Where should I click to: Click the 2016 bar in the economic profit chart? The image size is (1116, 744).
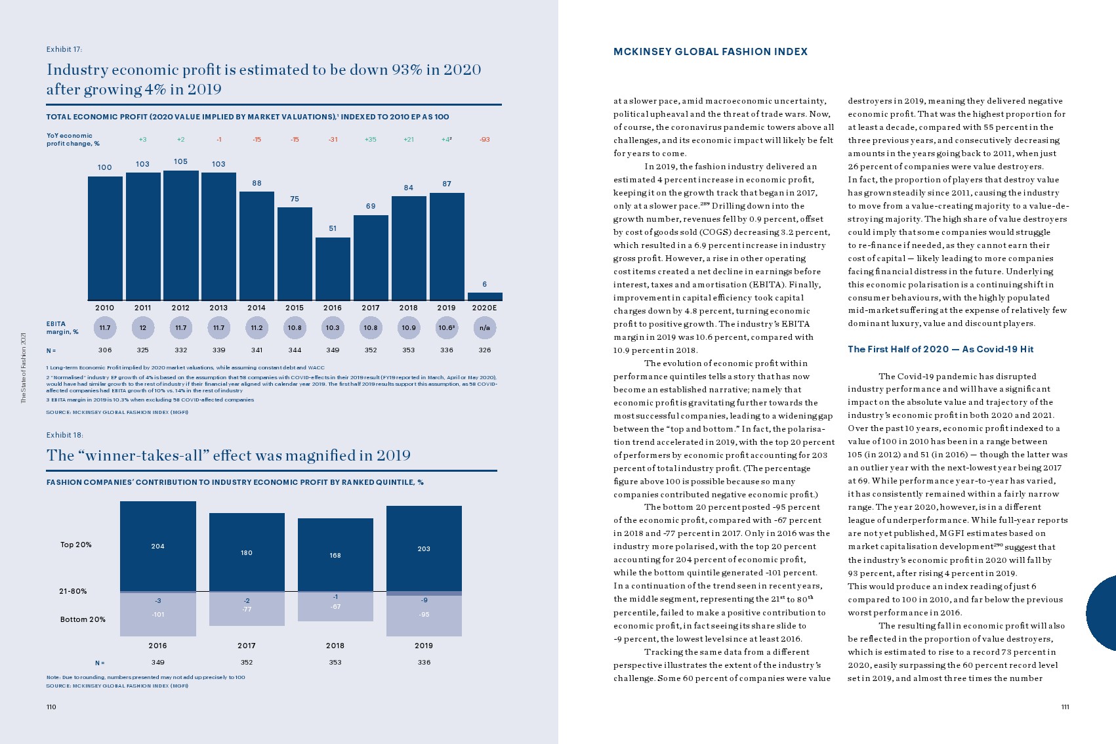[333, 268]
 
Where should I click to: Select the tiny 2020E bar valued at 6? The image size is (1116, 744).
[485, 297]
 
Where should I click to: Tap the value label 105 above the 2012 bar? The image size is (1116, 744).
[180, 161]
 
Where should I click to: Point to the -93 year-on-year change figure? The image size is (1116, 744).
[485, 140]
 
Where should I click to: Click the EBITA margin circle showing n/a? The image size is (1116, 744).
[485, 327]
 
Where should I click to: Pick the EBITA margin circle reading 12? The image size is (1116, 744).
[142, 327]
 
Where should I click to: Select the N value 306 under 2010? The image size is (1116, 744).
[105, 350]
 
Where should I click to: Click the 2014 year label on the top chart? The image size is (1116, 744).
[257, 308]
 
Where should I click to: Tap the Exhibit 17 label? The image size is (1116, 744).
[64, 49]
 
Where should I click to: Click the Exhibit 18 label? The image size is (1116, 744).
[64, 435]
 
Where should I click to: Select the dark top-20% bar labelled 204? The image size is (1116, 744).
[158, 546]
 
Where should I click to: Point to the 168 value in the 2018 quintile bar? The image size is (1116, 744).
[335, 555]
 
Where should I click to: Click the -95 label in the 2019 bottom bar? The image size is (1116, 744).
[424, 615]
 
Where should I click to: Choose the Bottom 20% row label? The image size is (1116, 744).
[83, 619]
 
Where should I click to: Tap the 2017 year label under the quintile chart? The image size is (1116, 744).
[247, 646]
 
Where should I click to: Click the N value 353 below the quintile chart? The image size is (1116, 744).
[335, 663]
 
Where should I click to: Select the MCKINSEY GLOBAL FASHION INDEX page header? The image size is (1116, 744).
[711, 52]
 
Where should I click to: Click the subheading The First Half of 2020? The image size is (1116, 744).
[940, 349]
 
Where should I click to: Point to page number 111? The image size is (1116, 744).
[1065, 707]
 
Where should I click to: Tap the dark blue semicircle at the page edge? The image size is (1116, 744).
[1103, 613]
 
